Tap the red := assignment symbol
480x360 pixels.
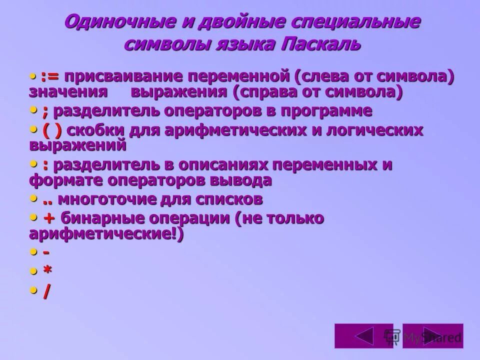coord(50,77)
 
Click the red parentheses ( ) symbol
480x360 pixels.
coord(52,129)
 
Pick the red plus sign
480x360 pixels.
coord(49,218)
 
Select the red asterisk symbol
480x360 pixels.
coord(47,270)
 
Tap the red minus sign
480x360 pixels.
coord(46,251)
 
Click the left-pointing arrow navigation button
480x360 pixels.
coord(357,336)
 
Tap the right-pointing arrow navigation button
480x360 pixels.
coord(432,336)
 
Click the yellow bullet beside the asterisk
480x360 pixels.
coord(33,271)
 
